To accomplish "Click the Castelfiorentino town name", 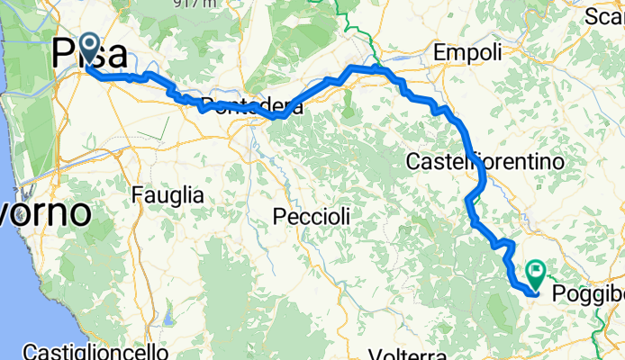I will click(x=485, y=162).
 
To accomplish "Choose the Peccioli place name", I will click(x=312, y=216).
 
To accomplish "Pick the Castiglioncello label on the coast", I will click(x=96, y=350).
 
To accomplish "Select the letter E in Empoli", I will click(x=439, y=54).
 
